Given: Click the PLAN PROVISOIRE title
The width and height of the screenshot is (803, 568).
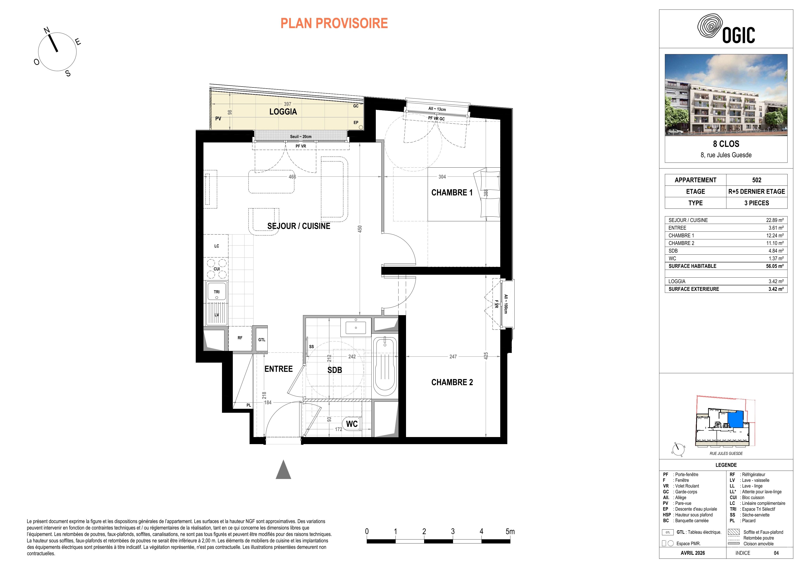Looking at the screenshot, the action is click(334, 23).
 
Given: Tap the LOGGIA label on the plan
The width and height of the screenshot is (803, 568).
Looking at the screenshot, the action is click(283, 112).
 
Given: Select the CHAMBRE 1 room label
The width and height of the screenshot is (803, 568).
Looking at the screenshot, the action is click(452, 193).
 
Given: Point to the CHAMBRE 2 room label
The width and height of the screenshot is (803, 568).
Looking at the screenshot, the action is click(452, 382).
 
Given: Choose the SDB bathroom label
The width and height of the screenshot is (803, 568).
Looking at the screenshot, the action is click(335, 370).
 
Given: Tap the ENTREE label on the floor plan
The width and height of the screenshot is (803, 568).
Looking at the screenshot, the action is click(278, 369).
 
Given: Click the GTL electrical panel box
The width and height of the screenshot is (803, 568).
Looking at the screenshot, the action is click(262, 339).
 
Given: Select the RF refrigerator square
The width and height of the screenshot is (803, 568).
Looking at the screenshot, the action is click(240, 338).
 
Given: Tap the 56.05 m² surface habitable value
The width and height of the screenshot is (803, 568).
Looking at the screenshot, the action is click(775, 266).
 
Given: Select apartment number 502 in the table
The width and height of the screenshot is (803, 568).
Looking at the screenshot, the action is click(756, 180).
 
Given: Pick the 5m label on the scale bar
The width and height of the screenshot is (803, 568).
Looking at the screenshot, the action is click(510, 531).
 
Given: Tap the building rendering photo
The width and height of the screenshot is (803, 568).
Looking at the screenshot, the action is click(726, 95).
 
